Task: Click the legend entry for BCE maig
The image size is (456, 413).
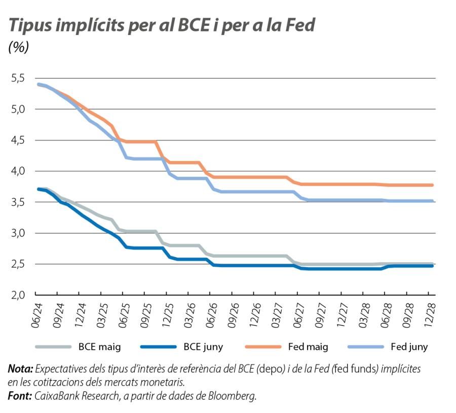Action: coord(99,347)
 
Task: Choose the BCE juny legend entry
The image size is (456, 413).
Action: coord(203,347)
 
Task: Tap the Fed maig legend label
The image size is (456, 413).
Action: coord(308,347)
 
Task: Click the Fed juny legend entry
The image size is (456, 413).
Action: coord(409,347)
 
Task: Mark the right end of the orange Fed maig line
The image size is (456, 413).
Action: coord(432,185)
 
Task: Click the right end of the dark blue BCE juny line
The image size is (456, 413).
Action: coord(432,266)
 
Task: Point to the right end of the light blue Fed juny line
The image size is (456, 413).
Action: coord(432,201)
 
